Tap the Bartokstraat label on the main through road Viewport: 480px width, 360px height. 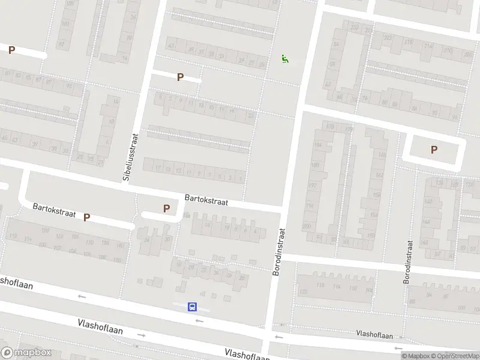pos(206,199)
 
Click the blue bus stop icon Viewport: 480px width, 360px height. pos(193,307)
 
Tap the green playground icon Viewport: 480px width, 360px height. pos(284,59)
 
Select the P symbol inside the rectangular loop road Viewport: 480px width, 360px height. pos(434,150)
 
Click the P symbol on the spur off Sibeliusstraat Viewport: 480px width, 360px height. pos(180,77)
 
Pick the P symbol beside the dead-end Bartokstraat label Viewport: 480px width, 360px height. pos(86,218)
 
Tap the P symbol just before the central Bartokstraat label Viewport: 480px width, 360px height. pos(167,209)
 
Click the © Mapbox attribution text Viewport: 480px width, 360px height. pos(416,356)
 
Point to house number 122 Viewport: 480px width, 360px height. pos(303,291)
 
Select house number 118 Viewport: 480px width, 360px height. pos(320,286)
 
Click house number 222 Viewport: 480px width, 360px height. pos(388,37)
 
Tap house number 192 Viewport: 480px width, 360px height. pos(311,185)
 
